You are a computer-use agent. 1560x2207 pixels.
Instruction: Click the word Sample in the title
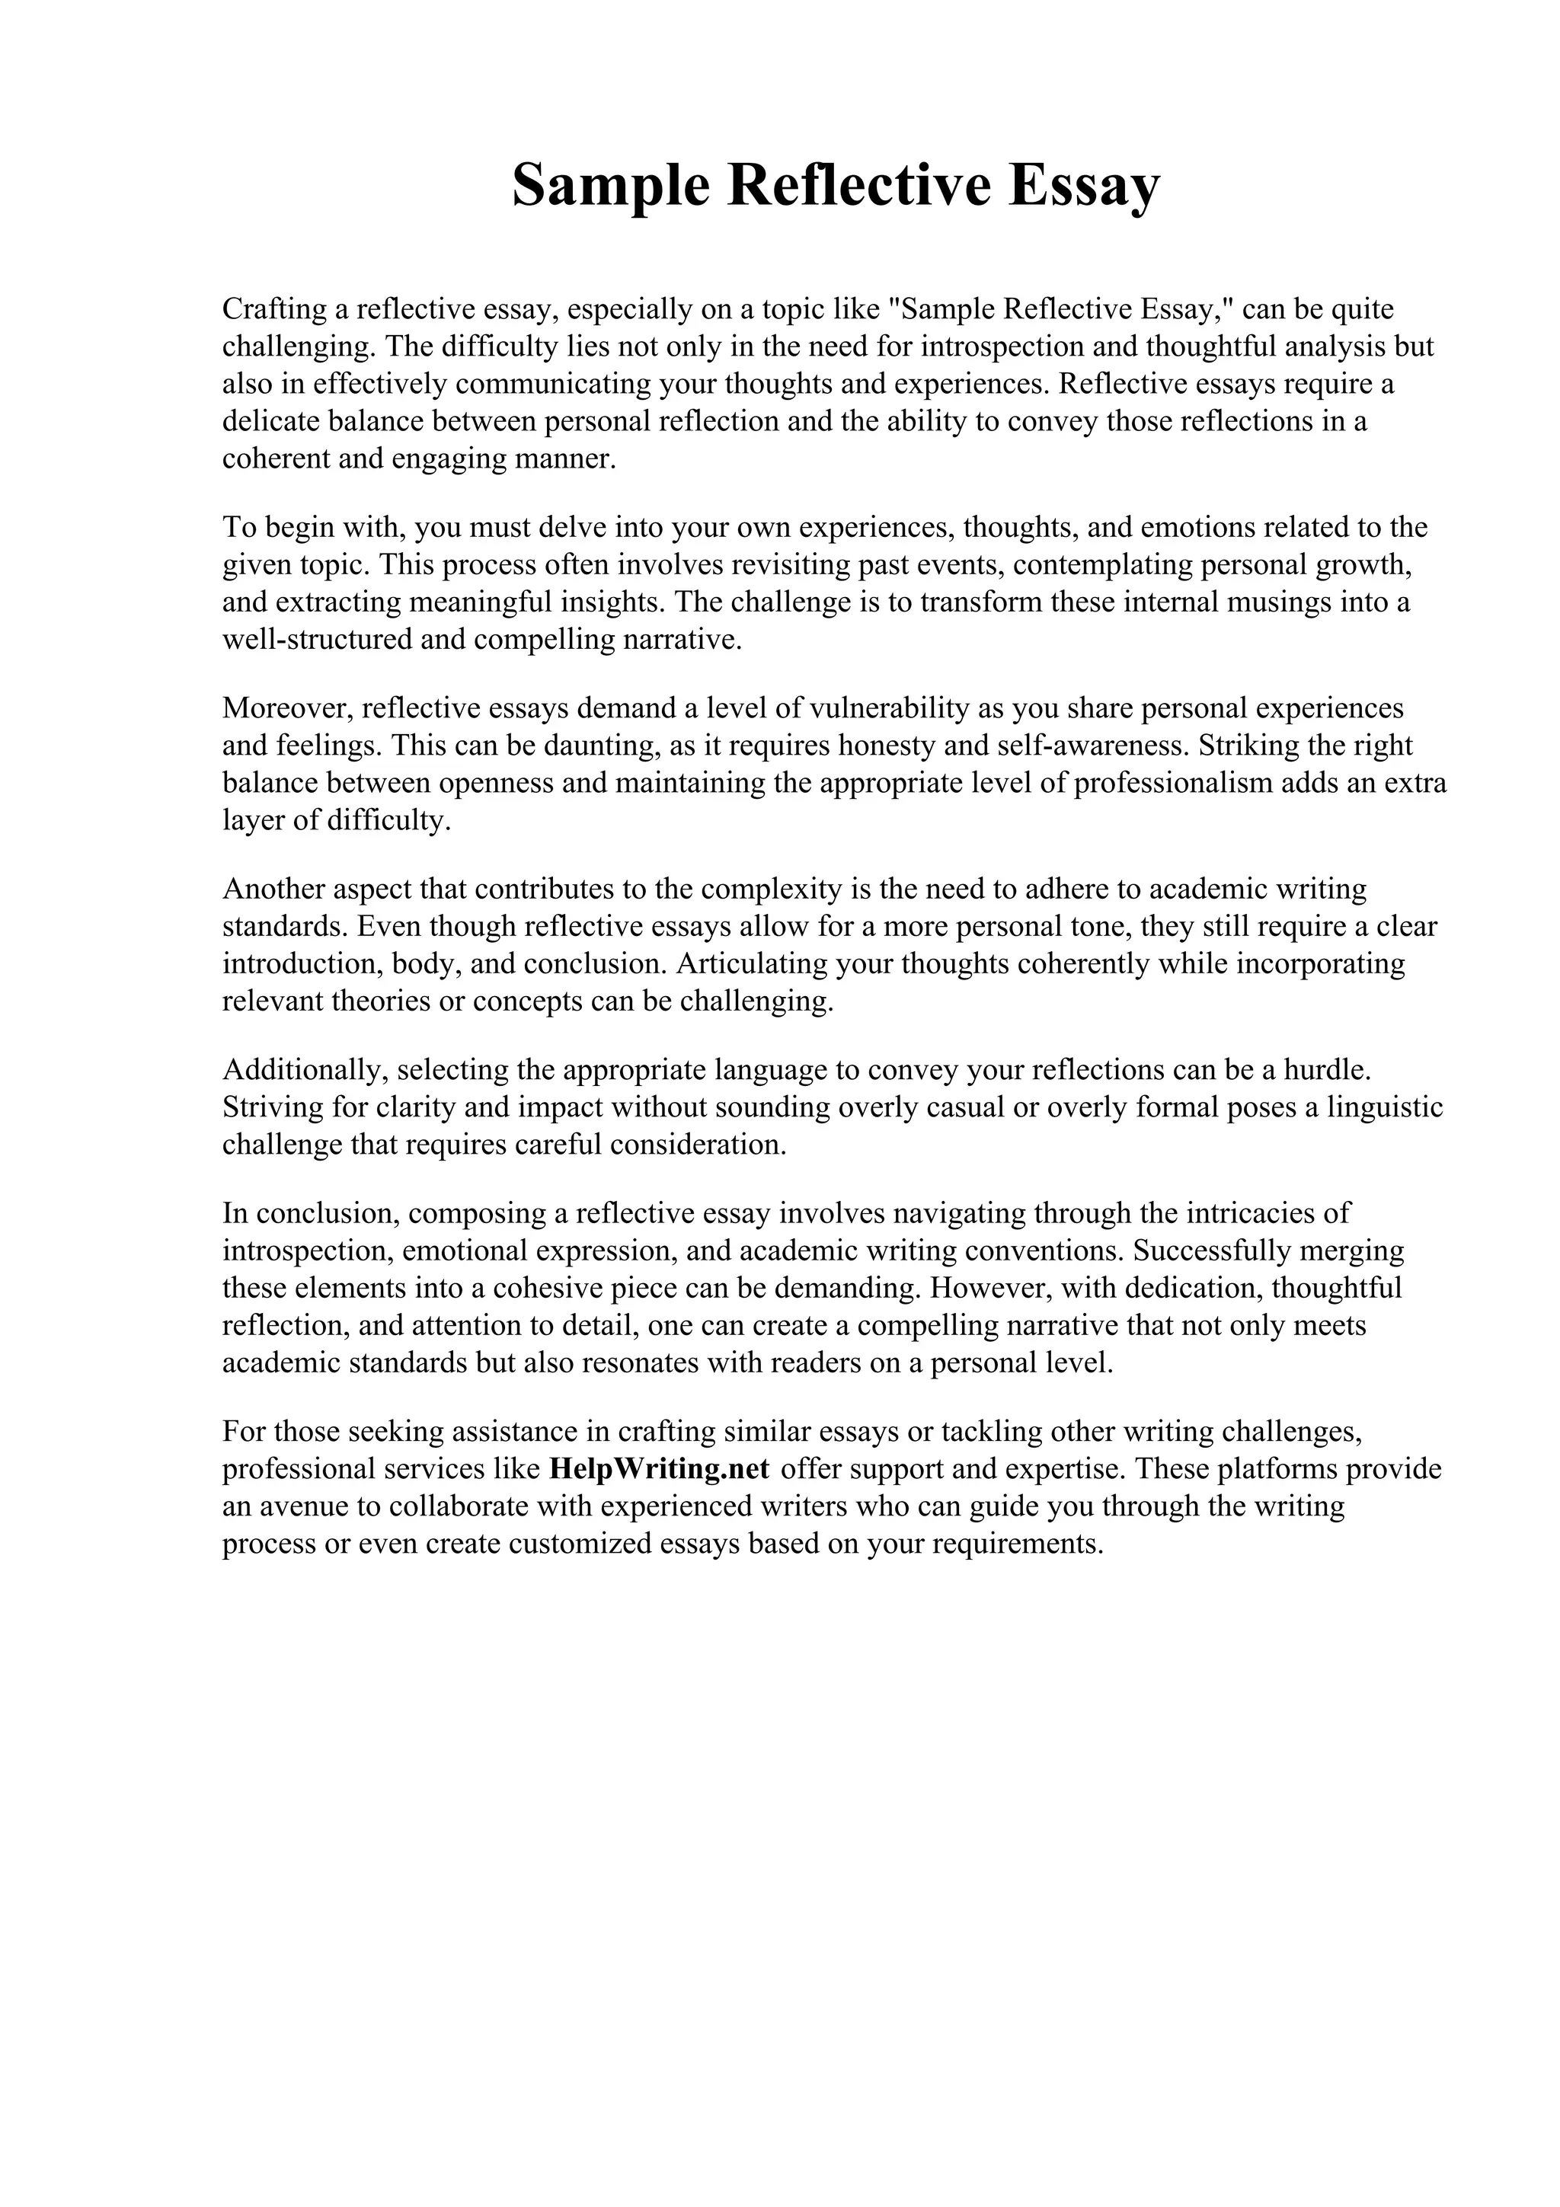pyautogui.click(x=609, y=186)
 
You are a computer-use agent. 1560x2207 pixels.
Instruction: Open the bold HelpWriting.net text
pyautogui.click(x=660, y=1469)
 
